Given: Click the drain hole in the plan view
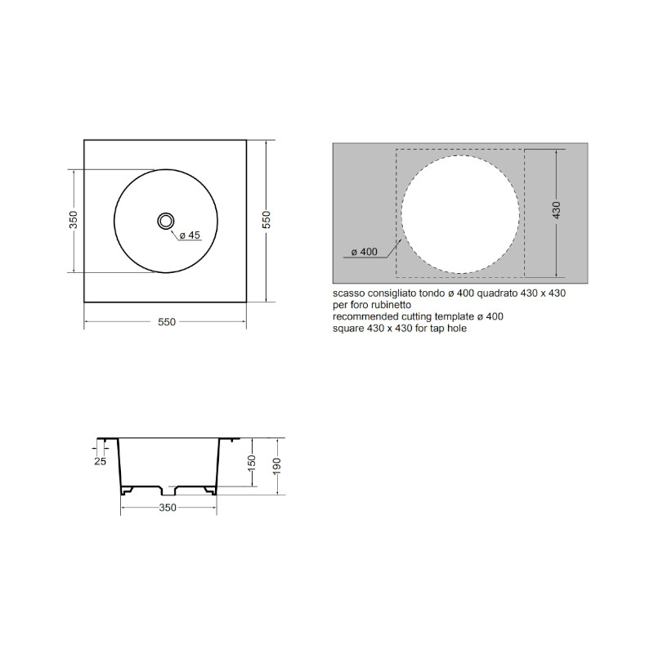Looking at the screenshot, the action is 166,221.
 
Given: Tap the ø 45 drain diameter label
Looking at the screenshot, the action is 190,235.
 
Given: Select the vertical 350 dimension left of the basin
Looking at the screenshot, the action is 74,220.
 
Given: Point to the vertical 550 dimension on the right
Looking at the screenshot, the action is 267,220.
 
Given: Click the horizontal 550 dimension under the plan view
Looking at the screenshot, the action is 167,321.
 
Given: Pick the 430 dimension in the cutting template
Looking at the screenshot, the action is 557,210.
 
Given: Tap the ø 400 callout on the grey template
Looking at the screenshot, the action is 364,252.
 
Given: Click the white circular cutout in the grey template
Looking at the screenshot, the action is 460,214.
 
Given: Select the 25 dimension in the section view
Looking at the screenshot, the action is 100,461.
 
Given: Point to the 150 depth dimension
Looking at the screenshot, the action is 252,463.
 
